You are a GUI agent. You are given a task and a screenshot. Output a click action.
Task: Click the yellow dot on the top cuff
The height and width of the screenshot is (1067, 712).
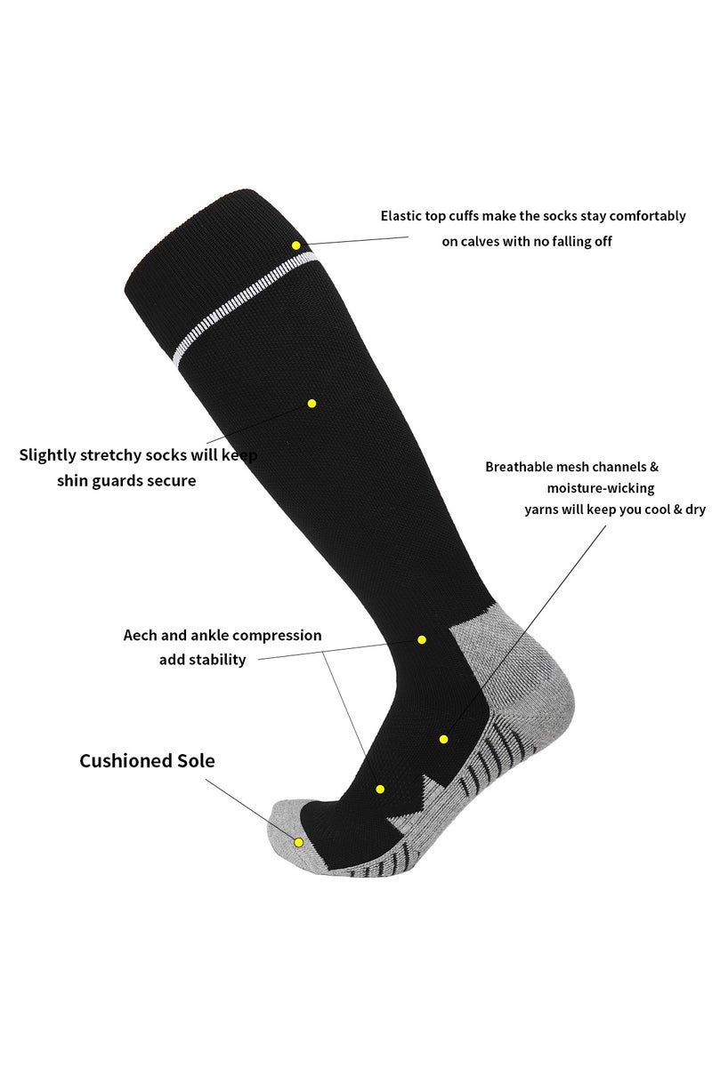click(296, 245)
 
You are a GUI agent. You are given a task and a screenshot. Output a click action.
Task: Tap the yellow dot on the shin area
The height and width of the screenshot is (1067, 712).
click(311, 403)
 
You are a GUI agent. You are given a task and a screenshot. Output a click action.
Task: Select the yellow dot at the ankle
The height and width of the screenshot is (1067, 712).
click(422, 639)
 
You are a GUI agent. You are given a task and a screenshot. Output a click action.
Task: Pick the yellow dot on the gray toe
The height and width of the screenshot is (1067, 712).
click(299, 842)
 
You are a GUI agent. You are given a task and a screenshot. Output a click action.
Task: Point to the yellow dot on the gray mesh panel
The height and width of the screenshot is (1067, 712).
click(443, 739)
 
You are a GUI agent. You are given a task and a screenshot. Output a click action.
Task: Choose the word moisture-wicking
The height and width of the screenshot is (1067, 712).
click(601, 488)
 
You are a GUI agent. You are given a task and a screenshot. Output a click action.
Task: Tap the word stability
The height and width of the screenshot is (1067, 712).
click(216, 660)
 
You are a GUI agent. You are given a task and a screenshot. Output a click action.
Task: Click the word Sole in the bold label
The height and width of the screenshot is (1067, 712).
click(198, 761)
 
